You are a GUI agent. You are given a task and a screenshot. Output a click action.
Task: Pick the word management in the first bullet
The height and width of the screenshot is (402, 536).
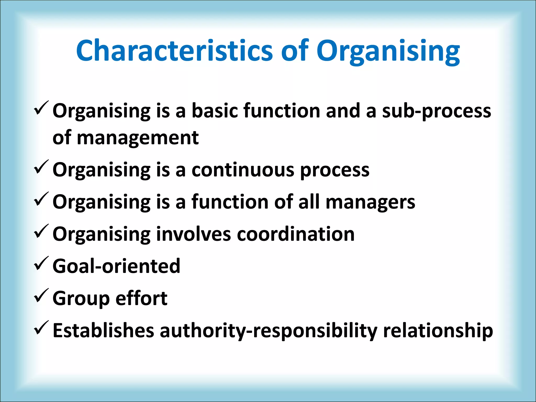(138, 138)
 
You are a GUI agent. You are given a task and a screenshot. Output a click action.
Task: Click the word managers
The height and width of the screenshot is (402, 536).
(370, 203)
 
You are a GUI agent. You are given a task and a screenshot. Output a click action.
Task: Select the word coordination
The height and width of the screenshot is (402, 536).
(295, 234)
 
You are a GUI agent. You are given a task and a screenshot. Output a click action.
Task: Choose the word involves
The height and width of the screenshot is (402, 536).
(193, 234)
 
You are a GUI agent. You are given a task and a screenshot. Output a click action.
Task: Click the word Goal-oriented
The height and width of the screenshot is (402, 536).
(116, 266)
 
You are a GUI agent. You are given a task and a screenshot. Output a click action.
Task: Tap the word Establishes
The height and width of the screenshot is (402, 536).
(103, 330)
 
